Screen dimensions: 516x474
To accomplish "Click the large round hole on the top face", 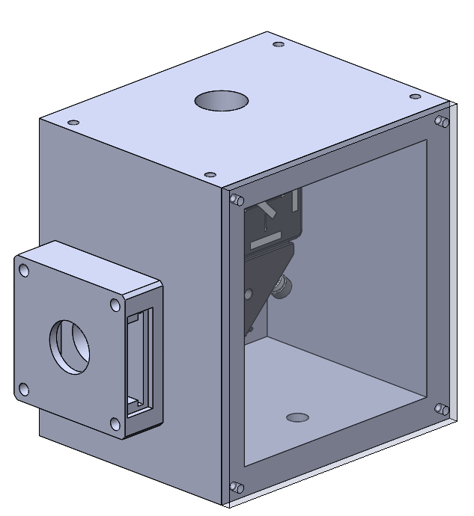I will click(221, 100).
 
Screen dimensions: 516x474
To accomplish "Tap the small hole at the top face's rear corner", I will click(279, 44).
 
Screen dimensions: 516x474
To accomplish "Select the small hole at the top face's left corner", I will click(73, 122).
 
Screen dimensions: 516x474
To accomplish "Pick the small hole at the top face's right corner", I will click(414, 96).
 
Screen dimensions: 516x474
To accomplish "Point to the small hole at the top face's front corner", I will click(211, 174).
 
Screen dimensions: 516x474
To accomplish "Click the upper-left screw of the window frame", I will click(236, 200).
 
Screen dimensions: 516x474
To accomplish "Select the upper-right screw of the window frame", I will click(442, 121).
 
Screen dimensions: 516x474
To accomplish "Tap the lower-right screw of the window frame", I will click(442, 409).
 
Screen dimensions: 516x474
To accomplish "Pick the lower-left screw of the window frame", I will click(236, 487).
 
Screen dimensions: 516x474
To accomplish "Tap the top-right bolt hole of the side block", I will click(115, 304).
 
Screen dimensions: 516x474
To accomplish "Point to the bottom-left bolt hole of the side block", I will click(24, 389).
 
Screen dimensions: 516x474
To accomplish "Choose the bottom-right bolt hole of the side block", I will click(115, 424).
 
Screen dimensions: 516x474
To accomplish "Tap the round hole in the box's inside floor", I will click(297, 416).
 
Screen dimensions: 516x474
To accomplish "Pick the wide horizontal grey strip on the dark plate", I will click(267, 242).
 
